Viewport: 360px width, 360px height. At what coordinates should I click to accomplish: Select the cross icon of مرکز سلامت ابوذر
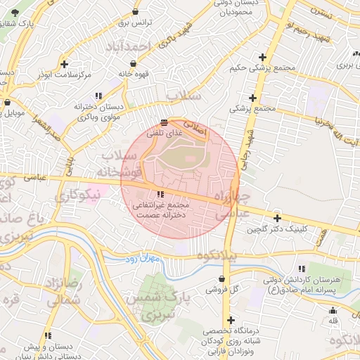coord(65,63)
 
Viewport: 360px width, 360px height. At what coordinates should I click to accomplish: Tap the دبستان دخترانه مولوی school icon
coord(98,95)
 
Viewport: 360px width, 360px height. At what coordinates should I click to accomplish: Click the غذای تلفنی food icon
coord(164,122)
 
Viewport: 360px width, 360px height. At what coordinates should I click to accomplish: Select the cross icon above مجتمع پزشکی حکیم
coord(262,57)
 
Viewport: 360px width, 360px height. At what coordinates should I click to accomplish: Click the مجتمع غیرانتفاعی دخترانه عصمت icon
coord(161,194)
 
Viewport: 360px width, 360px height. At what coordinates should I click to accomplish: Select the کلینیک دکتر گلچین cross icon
coord(277,219)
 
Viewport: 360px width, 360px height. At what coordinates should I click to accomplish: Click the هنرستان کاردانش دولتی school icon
coord(302,269)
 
